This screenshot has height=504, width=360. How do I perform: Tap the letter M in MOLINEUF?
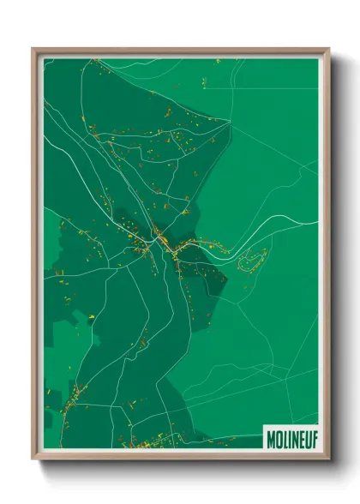click(269, 435)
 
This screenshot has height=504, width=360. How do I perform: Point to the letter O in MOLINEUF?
click(276, 435)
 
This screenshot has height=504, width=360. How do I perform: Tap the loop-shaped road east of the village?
click(254, 260)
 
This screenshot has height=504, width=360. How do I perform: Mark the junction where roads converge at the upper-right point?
click(231, 123)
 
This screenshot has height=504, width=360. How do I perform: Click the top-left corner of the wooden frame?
click(33, 50)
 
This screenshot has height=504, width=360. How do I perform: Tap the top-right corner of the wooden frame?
click(328, 50)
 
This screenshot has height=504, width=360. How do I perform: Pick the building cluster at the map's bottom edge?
click(146, 442)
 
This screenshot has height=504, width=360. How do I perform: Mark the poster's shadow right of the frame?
click(336, 257)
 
